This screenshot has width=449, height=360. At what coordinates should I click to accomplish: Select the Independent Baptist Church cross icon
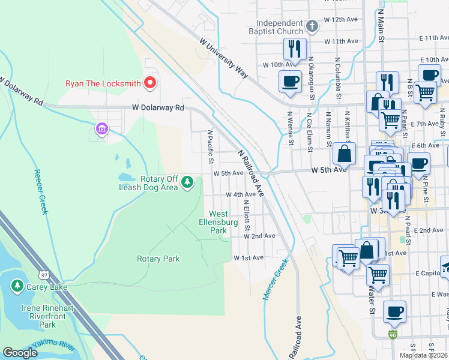pyautogui.click(x=312, y=26)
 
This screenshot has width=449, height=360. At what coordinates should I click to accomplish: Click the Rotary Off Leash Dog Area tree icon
pyautogui.click(x=187, y=181)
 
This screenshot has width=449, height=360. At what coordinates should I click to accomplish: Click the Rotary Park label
pyautogui.click(x=158, y=259)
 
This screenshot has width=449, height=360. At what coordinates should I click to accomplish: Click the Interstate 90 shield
pyautogui.click(x=393, y=334)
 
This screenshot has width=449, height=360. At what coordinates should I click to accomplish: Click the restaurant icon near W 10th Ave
pyautogui.click(x=294, y=48)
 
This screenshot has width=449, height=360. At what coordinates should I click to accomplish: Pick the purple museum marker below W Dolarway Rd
pyautogui.click(x=101, y=129)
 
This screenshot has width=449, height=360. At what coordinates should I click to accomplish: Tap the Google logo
pyautogui.click(x=20, y=352)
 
